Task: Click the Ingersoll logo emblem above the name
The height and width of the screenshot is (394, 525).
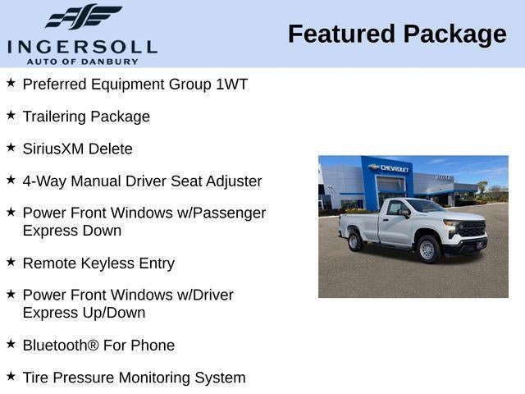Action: tap(83, 16)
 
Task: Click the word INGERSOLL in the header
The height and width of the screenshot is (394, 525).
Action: tap(82, 46)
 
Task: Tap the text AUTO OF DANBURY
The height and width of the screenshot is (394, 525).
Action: tap(82, 61)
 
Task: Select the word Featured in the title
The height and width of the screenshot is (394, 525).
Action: tap(340, 34)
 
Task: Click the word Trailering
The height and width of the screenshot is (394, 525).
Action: tap(54, 117)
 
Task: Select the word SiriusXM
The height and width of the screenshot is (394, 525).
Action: tap(56, 149)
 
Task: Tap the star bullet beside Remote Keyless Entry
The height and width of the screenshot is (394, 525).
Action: tap(11, 262)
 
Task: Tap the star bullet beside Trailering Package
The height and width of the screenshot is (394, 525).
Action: tap(11, 115)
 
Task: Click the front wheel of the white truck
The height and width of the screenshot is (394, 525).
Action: tap(427, 249)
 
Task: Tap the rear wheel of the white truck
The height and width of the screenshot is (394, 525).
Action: tap(355, 241)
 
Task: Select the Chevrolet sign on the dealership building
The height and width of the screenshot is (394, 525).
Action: tap(390, 168)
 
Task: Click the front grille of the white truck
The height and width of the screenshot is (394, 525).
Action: tap(475, 230)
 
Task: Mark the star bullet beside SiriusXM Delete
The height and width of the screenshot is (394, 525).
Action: tap(11, 147)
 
